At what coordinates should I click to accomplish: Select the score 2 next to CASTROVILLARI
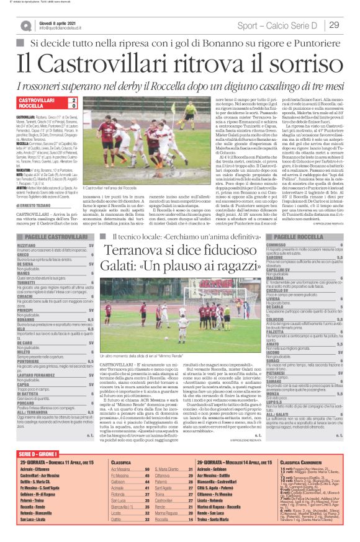(x=74, y=100)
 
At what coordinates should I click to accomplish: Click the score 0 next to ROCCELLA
(x=74, y=106)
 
